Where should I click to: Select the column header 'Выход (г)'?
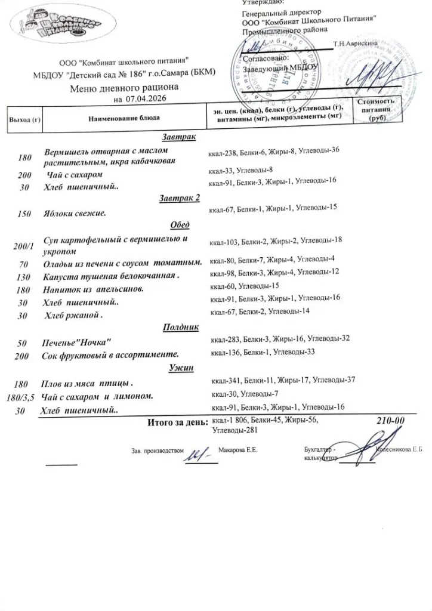click(x=23, y=120)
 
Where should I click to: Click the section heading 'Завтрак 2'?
click(x=180, y=198)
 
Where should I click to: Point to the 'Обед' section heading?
click(x=180, y=225)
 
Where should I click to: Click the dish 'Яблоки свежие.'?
click(x=75, y=213)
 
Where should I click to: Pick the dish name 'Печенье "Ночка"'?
click(x=77, y=342)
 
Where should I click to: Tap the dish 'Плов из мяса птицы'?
click(x=86, y=382)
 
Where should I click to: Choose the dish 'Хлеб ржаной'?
click(x=73, y=315)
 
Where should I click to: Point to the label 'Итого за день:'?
click(x=177, y=423)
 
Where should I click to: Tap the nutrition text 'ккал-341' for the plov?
click(x=225, y=379)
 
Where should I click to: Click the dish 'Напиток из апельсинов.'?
click(x=95, y=289)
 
